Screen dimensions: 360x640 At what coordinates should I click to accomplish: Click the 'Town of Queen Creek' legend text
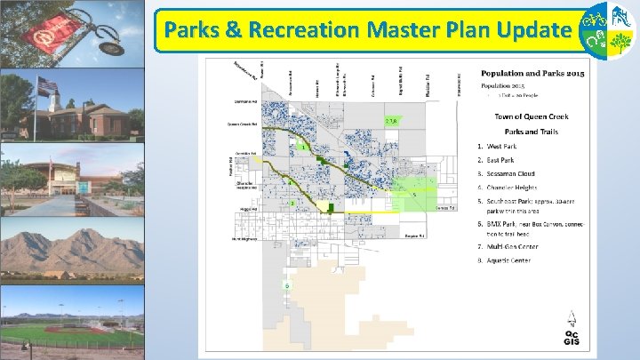tap(532, 117)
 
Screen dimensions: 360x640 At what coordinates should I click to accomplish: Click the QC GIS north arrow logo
tap(573, 328)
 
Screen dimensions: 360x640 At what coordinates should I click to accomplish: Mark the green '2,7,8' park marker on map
tap(391, 120)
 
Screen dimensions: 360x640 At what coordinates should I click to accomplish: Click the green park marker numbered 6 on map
tap(287, 285)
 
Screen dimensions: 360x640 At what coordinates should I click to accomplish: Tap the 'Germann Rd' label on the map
tap(245, 101)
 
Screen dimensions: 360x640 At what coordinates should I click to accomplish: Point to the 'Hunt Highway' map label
tap(244, 239)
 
